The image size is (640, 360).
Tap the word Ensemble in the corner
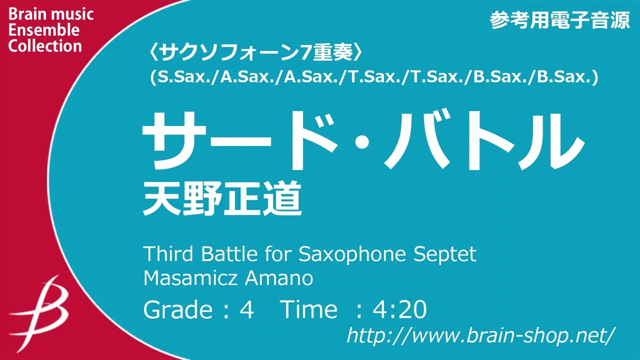44,30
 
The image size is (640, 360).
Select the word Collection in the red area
45,46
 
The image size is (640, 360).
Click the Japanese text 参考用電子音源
559,20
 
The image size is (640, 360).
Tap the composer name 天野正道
222,198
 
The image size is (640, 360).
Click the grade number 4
247,310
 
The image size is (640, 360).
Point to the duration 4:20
399,310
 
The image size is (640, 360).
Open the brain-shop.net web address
480,334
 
